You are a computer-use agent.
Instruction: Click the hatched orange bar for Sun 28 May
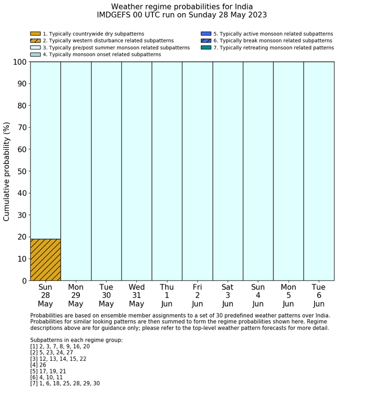point(45,259)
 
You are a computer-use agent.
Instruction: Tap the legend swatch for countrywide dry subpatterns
point(35,34)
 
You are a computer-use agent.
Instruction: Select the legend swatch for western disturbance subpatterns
point(35,40)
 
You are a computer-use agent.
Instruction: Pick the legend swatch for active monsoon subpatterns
point(206,34)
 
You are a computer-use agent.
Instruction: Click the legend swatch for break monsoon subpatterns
point(206,40)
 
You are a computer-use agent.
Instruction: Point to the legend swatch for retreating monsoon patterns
point(206,47)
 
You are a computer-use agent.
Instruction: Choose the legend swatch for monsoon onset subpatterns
point(35,54)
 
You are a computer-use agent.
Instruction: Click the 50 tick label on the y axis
point(21,171)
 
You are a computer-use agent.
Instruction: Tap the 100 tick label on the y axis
point(19,62)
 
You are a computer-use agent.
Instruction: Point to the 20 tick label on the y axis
point(21,237)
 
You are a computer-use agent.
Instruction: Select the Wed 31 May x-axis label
point(137,295)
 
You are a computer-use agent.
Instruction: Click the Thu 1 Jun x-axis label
point(167,295)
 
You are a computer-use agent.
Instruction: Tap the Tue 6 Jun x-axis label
point(319,295)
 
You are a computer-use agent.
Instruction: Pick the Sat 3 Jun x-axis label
point(228,295)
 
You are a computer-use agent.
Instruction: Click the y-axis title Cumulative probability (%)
point(7,171)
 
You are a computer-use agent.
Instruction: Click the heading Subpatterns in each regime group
point(76,340)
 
